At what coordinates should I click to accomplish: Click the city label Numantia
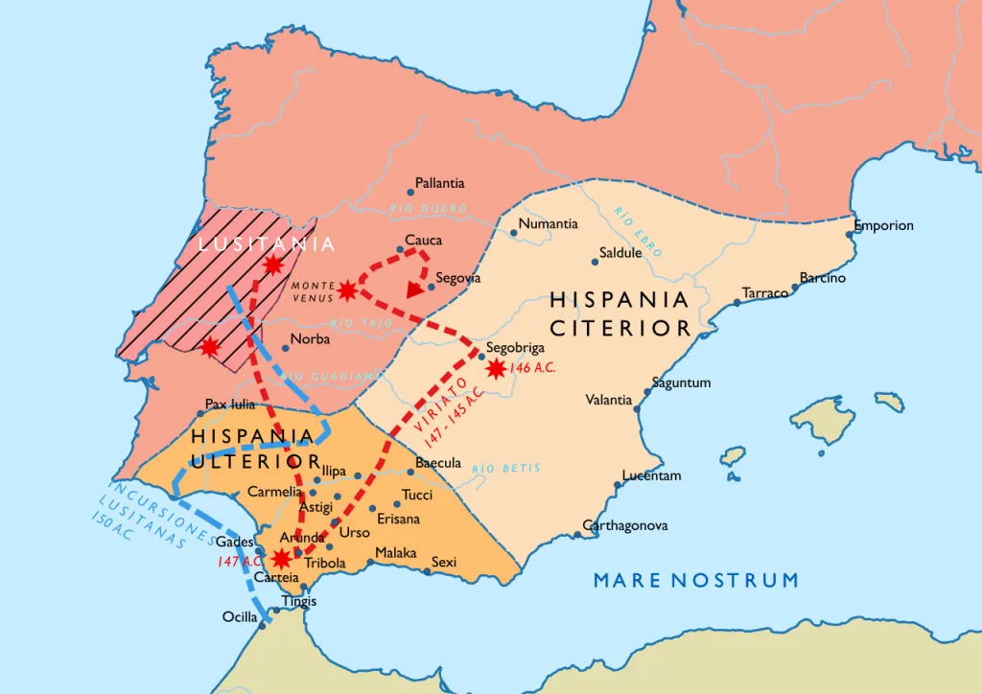coord(549,224)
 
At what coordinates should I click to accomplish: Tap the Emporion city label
coord(884,226)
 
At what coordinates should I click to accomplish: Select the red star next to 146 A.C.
coord(496,368)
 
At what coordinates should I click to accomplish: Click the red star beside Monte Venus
coord(347,289)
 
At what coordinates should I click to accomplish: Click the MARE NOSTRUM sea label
coord(695,580)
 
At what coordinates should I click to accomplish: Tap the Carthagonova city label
coord(626,526)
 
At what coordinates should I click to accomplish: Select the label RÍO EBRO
coord(638,232)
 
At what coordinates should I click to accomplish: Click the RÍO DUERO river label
coord(429,208)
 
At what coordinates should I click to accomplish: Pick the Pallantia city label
coord(440,183)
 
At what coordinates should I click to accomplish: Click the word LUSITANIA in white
coord(267,244)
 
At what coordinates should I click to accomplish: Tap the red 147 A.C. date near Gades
coord(240,561)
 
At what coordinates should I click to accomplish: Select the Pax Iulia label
coord(230,405)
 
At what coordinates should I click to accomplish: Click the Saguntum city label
coord(681,382)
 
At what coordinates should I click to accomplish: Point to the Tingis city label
coord(297,602)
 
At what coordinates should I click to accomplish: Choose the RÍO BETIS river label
coord(506,468)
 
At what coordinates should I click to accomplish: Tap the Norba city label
coord(310,339)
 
